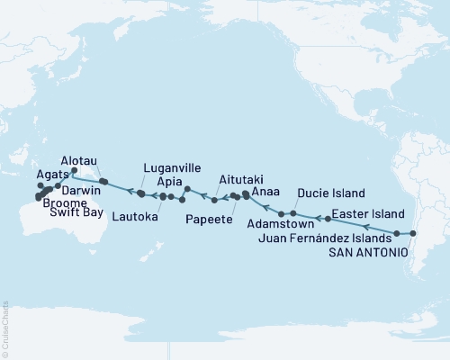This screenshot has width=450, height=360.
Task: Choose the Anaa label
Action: coord(265,192)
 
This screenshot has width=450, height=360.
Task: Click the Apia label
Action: coord(172,180)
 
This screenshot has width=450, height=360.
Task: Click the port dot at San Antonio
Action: coord(412,234)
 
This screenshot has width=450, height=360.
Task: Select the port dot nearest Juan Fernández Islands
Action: coord(397,233)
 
